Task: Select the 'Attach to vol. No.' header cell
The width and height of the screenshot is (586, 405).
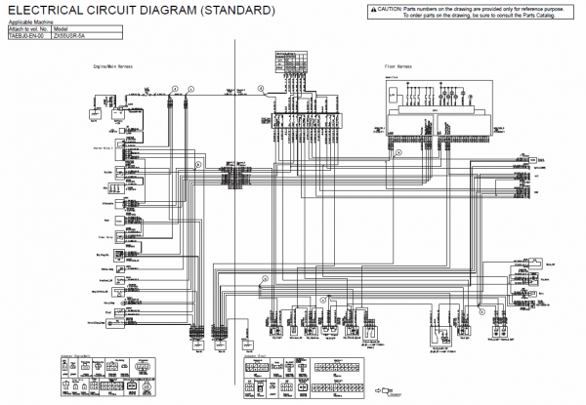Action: pos(27,27)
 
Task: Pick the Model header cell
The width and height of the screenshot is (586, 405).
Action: pos(61,27)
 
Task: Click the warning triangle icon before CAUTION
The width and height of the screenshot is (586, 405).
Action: pos(372,9)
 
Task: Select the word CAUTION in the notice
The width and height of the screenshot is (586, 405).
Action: pos(389,9)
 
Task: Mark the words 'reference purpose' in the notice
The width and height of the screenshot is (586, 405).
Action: pos(552,9)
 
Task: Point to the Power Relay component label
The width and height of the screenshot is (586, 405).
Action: pos(103,236)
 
